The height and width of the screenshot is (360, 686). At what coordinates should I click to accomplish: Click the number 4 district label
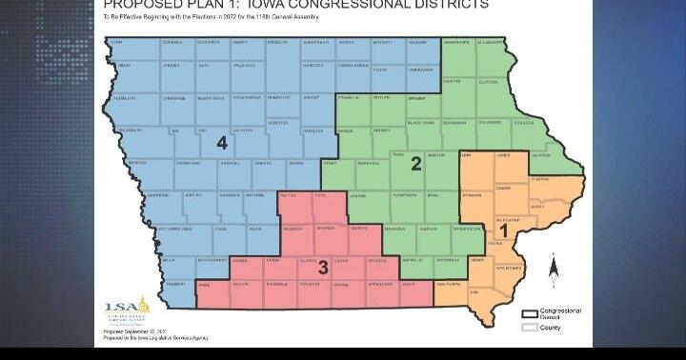(221, 143)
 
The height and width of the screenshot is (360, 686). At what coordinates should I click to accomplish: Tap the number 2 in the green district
(415, 164)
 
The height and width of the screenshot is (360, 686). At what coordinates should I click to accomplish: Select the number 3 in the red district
(323, 268)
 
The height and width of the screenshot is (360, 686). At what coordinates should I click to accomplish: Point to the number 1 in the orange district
(505, 229)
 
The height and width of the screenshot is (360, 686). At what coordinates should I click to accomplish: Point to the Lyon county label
(116, 44)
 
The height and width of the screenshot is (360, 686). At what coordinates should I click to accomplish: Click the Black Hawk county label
(420, 123)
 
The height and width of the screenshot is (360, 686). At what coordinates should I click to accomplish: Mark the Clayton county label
(488, 83)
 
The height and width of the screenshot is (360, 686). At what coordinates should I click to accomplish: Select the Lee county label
(474, 305)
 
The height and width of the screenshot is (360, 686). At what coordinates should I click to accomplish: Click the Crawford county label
(187, 163)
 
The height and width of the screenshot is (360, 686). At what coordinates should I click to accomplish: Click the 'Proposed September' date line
(133, 331)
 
